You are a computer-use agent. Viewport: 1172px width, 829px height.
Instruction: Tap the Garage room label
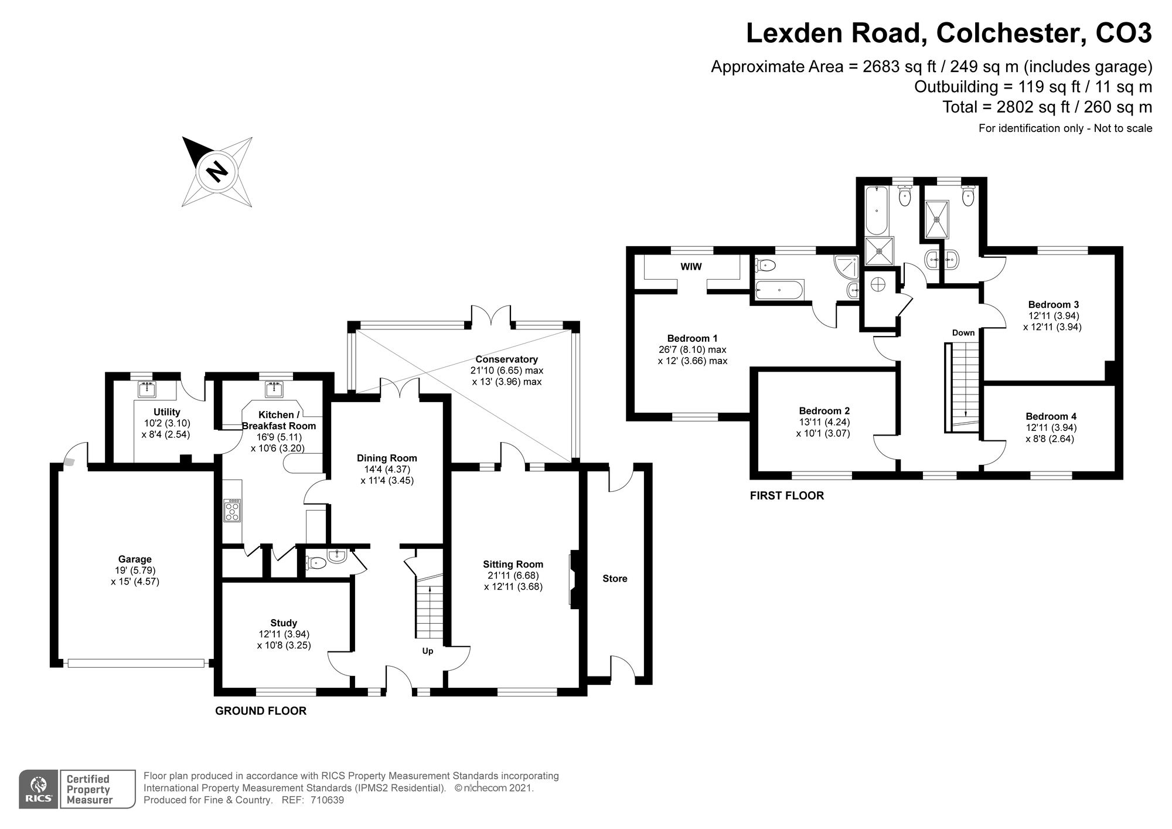[135, 559]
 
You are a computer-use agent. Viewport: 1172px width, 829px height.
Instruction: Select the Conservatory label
[506, 359]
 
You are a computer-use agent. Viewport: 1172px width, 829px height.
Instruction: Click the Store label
[615, 579]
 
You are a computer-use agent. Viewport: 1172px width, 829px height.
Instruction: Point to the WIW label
[691, 267]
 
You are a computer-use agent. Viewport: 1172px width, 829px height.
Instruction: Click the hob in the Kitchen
[232, 510]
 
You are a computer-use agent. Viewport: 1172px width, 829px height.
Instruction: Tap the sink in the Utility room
[147, 389]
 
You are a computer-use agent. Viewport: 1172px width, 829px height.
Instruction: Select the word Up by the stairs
[428, 651]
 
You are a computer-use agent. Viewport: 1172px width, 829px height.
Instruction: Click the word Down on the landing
[963, 332]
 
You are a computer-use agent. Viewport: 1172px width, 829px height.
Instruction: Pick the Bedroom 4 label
[1051, 416]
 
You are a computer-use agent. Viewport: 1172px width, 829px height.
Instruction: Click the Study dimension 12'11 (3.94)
[284, 634]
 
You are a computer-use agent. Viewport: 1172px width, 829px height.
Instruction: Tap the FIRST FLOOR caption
[786, 496]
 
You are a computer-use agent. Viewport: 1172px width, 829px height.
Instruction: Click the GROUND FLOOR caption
[261, 711]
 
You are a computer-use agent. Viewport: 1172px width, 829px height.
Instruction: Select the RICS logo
[39, 790]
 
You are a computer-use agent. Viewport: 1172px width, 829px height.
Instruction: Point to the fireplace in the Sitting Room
[573, 579]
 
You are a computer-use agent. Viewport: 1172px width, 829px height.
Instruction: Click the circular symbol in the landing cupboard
[878, 284]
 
